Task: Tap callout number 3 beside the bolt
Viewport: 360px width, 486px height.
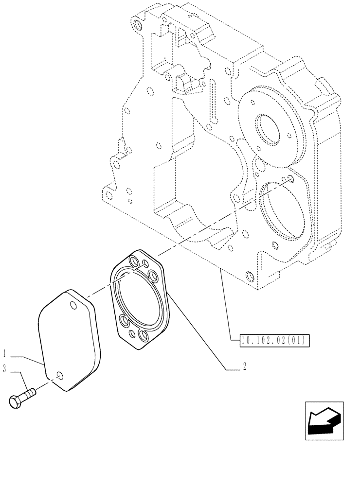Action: (x=4, y=370)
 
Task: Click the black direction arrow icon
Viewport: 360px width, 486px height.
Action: (x=324, y=421)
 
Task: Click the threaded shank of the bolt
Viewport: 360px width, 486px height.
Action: (x=30, y=392)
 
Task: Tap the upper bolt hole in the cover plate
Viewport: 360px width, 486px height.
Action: (x=73, y=305)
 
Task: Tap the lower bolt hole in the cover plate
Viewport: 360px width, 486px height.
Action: (x=59, y=375)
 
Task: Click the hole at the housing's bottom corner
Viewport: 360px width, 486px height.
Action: (x=250, y=277)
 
